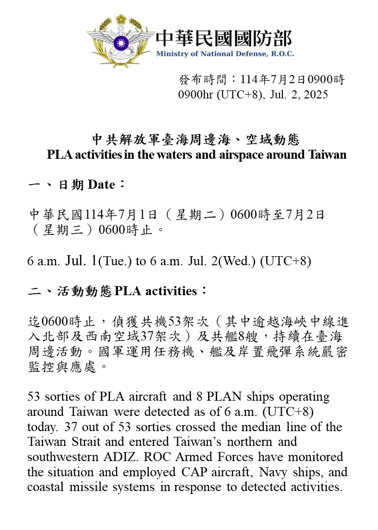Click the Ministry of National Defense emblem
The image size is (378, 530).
[x=121, y=41]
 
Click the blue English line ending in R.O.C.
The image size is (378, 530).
[x=225, y=54]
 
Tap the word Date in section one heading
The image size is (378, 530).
[x=101, y=185]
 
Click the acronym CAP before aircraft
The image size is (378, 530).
[x=209, y=472]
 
